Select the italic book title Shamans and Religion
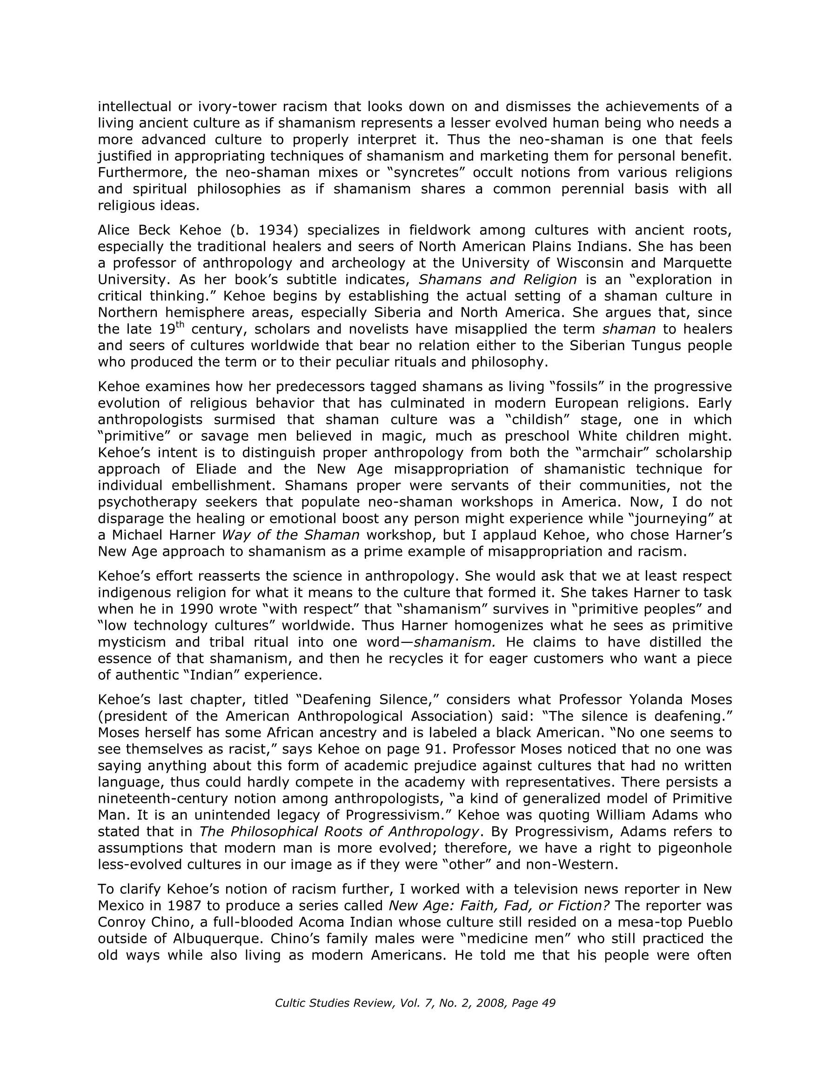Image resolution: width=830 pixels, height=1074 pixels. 497,280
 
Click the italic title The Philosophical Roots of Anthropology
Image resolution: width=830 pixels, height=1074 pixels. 339,832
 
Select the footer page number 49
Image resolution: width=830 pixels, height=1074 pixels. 548,1003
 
